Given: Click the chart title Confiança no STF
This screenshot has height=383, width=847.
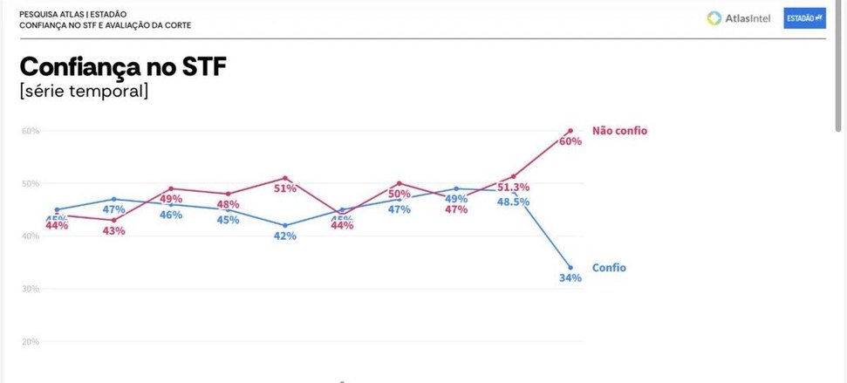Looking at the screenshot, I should coord(123,67).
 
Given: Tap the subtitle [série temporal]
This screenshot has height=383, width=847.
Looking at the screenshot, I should coord(84,91).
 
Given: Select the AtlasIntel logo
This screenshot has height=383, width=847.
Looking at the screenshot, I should coord(738,18).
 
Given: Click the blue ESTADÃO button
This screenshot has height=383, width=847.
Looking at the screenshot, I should coord(804,18).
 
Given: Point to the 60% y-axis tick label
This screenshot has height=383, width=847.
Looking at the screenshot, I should coord(31,131).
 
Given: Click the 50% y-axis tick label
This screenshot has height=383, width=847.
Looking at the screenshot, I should coord(31,183).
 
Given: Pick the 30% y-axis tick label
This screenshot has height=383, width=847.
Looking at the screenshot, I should coord(31,289).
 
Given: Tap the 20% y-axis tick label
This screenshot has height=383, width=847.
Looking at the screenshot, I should coord(31,341).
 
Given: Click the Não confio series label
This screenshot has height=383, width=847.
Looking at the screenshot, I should coord(619,131).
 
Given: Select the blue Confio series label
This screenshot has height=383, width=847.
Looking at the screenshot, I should coord(609,268).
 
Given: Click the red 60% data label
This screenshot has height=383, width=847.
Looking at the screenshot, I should coord(570,141).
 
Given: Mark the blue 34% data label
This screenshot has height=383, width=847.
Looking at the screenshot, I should coord(570,278).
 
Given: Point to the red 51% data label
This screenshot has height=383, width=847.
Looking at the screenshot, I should coord(285,188).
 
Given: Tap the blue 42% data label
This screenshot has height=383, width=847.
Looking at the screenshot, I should coord(285,236).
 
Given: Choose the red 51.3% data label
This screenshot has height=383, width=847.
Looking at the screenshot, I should coord(514,188).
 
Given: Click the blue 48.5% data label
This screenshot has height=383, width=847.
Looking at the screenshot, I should coord(513,202).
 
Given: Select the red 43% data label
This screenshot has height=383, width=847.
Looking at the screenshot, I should coord(114,230).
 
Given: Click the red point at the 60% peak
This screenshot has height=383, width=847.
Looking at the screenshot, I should coord(570,131).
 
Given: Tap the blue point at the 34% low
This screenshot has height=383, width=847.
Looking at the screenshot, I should coord(570,268).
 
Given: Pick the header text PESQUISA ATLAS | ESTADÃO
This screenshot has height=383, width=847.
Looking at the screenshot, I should coord(72,14).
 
